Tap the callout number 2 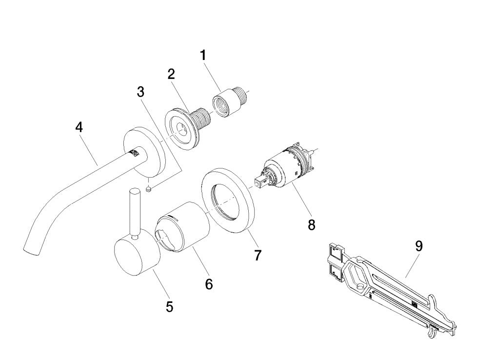(171, 74)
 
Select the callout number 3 (140, 91)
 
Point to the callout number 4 (79, 127)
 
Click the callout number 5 (169, 307)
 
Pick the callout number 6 (209, 284)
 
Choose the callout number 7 (258, 255)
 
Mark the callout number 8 (312, 225)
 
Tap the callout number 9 (419, 246)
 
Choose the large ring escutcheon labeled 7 (228, 200)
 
